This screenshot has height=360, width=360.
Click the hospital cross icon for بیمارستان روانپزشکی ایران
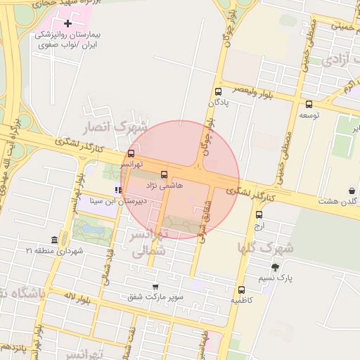tap(68, 24)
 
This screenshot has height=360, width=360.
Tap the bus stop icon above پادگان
tap(218, 91)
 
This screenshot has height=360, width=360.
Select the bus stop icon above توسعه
tap(309, 104)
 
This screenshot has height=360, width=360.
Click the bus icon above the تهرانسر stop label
tap(131, 153)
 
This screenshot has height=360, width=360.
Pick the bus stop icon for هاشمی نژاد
tap(164, 174)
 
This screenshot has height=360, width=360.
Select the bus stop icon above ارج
tap(259, 215)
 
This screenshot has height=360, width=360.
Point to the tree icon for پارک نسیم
tap(275, 267)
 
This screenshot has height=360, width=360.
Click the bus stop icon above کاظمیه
tap(242, 289)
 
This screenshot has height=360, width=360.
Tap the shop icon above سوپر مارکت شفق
tap(155, 286)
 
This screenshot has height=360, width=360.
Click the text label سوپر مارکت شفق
tap(155, 297)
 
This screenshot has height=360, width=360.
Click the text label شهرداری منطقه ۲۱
tap(55, 250)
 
